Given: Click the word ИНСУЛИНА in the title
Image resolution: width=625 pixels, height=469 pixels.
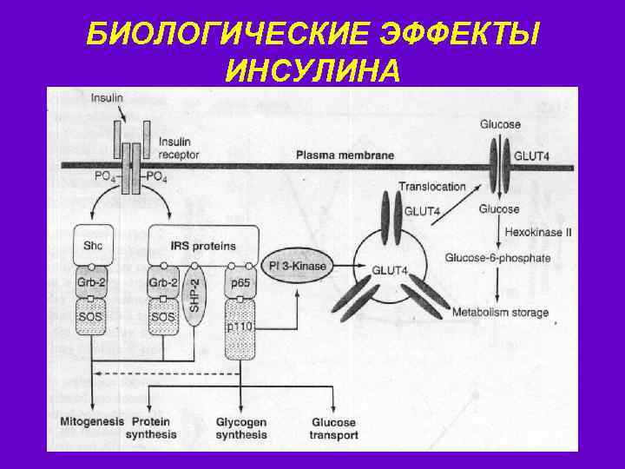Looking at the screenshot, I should point(312,69).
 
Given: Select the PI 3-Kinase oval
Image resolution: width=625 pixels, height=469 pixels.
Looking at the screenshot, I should point(297,266).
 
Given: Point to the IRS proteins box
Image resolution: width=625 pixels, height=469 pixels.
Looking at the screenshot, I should point(203,246).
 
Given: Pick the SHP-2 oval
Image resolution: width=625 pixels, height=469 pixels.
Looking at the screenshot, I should point(195,295).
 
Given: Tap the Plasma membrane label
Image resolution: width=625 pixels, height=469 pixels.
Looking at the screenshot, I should point(345,155).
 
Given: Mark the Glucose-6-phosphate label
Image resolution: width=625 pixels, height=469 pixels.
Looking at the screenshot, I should point(497,258).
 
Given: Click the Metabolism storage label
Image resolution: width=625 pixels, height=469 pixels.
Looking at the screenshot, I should point(500,312).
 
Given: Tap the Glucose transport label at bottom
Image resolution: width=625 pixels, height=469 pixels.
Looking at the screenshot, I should point(334,428).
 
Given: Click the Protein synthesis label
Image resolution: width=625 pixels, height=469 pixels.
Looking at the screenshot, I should point(151,428).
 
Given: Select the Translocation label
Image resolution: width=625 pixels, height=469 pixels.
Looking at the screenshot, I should point(431,186).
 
